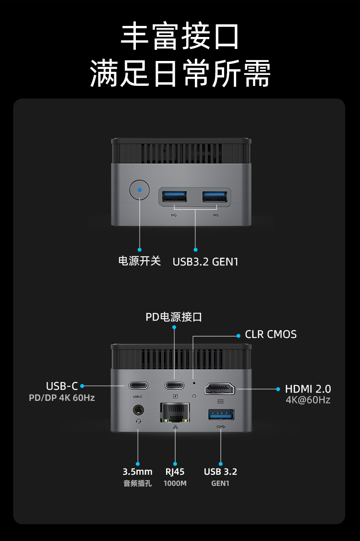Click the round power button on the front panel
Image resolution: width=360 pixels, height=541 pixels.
140,190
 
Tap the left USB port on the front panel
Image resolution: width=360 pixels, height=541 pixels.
174,196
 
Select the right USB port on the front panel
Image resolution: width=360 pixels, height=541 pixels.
215,196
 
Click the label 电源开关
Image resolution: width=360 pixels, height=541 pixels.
139,262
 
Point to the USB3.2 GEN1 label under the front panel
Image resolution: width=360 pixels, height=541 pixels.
205,262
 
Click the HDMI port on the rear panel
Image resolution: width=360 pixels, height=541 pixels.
220,388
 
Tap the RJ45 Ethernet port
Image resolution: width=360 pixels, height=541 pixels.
175,412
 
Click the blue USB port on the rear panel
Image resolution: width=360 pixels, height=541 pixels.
220,414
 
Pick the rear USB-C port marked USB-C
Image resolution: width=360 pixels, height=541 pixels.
138,385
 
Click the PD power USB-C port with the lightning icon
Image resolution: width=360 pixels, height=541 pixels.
175,385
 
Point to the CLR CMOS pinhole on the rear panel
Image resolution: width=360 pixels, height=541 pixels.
193,383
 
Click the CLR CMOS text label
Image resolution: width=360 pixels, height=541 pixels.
271,334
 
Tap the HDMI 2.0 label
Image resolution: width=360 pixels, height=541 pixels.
308,389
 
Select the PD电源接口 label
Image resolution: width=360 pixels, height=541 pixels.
174,317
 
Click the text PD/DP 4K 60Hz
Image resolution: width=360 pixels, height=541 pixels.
62,398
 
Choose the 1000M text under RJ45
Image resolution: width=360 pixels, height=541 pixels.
175,483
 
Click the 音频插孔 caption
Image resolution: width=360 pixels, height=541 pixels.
137,483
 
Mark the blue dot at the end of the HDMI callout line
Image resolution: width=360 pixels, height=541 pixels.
278,389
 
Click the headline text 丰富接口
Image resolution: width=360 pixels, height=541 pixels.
180,37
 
